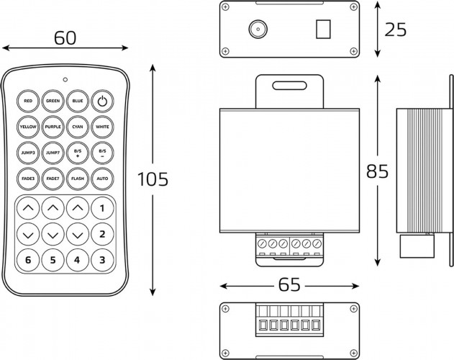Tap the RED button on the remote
pyautogui.click(x=28, y=101)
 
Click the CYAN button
pyautogui.click(x=78, y=127)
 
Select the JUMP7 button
pyautogui.click(x=53, y=153)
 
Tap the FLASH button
pyautogui.click(x=78, y=179)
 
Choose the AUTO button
pyautogui.click(x=102, y=179)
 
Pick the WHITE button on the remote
pyautogui.click(x=102, y=127)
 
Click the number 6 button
pyautogui.click(x=28, y=260)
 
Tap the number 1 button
pyautogui.click(x=102, y=208)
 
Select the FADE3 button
pyautogui.click(x=28, y=179)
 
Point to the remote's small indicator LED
pyautogui.click(x=65, y=79)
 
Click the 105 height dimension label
pyautogui.click(x=153, y=179)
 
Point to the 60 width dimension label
pyautogui.click(x=65, y=38)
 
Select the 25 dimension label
pyautogui.click(x=396, y=30)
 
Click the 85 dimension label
pyautogui.click(x=377, y=171)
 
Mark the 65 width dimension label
pyautogui.click(x=289, y=284)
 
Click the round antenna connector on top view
pyautogui.click(x=258, y=29)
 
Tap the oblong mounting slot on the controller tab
pyautogui.click(x=289, y=86)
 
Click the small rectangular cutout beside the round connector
pyautogui.click(x=324, y=29)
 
